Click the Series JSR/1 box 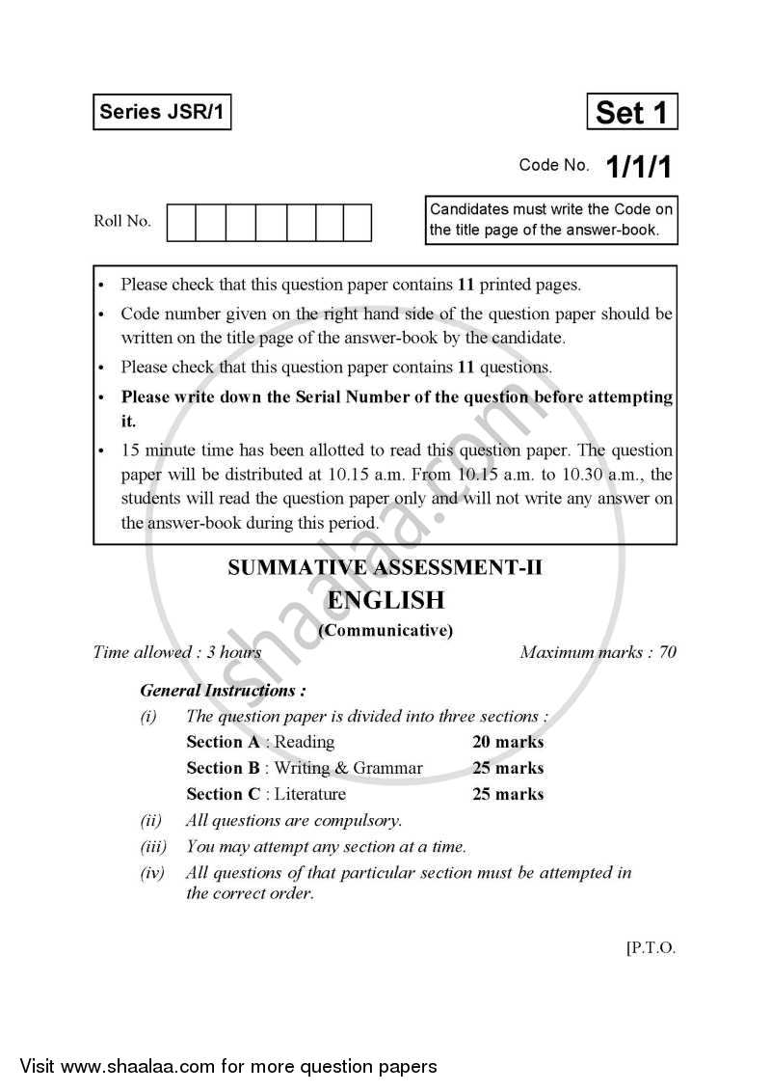pyautogui.click(x=162, y=112)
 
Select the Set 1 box pyautogui.click(x=631, y=112)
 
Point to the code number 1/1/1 pyautogui.click(x=638, y=166)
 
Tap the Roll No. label pyautogui.click(x=122, y=222)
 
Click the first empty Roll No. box pyautogui.click(x=181, y=222)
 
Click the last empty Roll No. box pyautogui.click(x=358, y=222)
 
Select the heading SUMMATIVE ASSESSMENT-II pyautogui.click(x=385, y=568)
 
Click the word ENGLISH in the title pyautogui.click(x=385, y=600)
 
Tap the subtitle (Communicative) pyautogui.click(x=385, y=631)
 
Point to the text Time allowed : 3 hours pyautogui.click(x=177, y=653)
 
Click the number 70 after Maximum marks pyautogui.click(x=667, y=653)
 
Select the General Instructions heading pyautogui.click(x=224, y=691)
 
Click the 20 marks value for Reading pyautogui.click(x=508, y=743)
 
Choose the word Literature pyautogui.click(x=310, y=795)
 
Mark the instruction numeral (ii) pyautogui.click(x=150, y=821)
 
